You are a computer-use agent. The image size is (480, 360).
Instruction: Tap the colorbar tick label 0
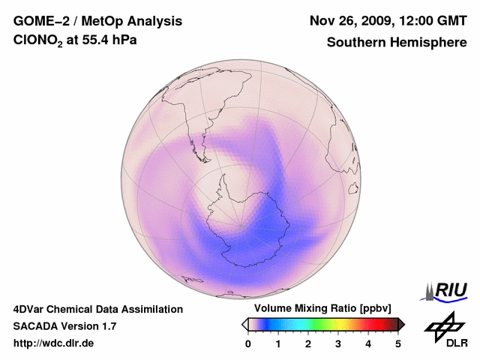click(248, 343)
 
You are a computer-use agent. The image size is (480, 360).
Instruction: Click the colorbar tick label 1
click(278, 343)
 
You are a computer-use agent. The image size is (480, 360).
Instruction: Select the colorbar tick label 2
click(308, 343)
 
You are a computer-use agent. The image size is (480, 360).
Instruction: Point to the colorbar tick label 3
click(338, 343)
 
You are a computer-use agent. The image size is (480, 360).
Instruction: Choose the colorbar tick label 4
click(368, 343)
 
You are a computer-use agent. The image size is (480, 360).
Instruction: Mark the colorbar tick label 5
click(398, 343)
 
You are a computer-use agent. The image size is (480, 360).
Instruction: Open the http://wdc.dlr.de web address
click(54, 343)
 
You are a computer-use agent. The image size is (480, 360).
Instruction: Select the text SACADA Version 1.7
click(64, 326)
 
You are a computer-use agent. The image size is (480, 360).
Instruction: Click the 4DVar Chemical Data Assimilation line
click(97, 309)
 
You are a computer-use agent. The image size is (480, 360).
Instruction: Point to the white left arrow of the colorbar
click(244, 324)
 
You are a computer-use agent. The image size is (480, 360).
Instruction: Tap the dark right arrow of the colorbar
click(401, 324)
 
